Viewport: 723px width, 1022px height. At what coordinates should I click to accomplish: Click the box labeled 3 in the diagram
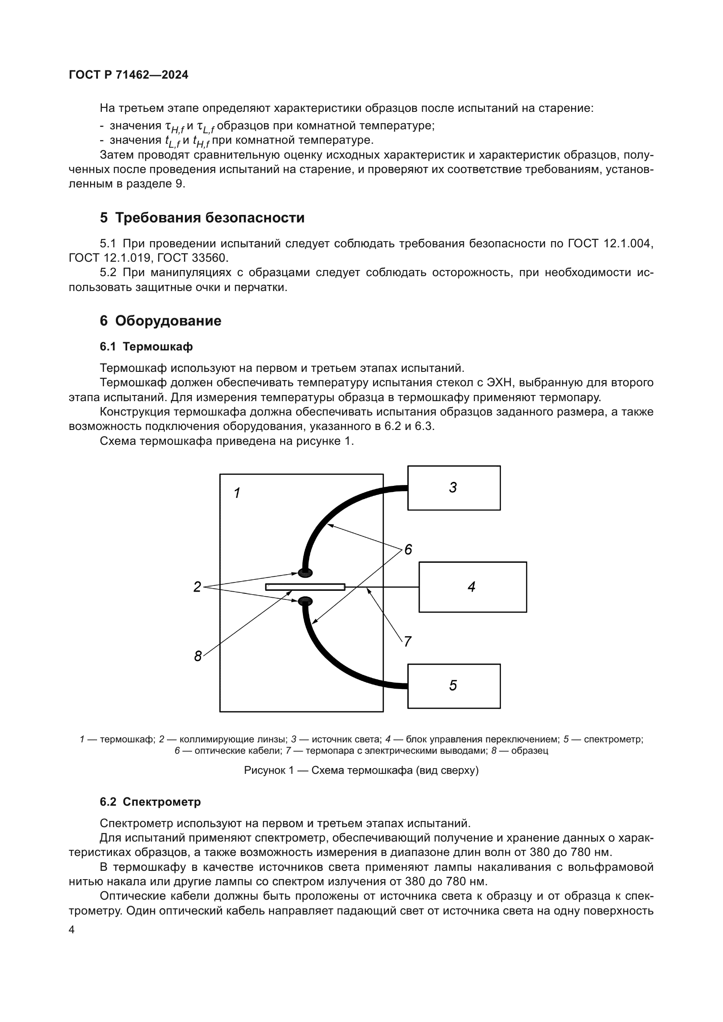454,488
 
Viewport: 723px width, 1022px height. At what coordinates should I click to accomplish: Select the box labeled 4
473,587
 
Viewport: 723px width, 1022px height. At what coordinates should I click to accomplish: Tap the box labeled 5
454,686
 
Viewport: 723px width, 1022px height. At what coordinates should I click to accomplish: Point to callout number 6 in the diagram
408,550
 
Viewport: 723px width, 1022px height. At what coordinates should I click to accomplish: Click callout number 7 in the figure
407,641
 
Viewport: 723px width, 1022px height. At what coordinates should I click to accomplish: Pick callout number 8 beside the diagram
198,656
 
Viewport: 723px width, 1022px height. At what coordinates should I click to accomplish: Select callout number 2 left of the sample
197,587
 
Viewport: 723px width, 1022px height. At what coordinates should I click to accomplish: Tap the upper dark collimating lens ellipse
305,572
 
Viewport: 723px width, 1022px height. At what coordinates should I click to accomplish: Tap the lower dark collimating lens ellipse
305,602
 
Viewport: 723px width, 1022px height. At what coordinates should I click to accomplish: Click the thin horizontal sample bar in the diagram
305,587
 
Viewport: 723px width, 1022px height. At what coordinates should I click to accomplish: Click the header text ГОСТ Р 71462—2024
129,75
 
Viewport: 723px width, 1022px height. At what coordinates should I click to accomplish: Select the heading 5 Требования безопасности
202,218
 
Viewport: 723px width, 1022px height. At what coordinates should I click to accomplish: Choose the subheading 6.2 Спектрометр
150,802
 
